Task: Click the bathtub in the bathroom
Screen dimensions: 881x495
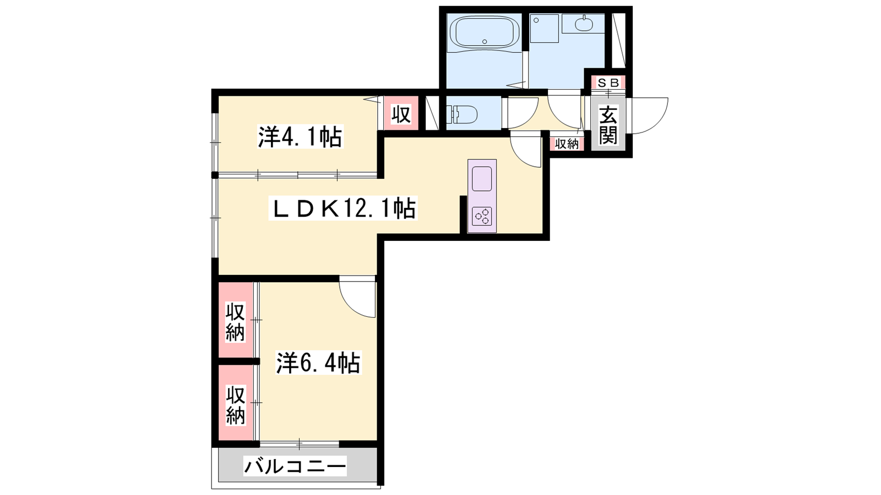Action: coord(484,33)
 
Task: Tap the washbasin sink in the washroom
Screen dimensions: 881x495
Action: coord(584,24)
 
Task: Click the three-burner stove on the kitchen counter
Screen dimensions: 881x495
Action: coord(482,216)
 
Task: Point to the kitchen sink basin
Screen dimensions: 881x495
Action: coord(482,178)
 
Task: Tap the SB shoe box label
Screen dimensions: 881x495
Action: coord(608,82)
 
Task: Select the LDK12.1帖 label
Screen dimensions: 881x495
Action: coord(342,208)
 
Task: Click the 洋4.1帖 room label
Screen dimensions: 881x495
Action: coord(300,136)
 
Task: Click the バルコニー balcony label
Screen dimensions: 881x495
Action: coord(295,466)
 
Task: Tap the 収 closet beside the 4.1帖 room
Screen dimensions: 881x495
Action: coord(401,114)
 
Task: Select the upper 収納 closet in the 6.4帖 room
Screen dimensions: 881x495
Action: coord(236,321)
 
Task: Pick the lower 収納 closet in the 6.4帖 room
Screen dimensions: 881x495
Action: coord(236,405)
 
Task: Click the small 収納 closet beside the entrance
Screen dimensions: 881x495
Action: coord(567,144)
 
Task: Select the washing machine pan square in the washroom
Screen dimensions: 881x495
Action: coord(545,28)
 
